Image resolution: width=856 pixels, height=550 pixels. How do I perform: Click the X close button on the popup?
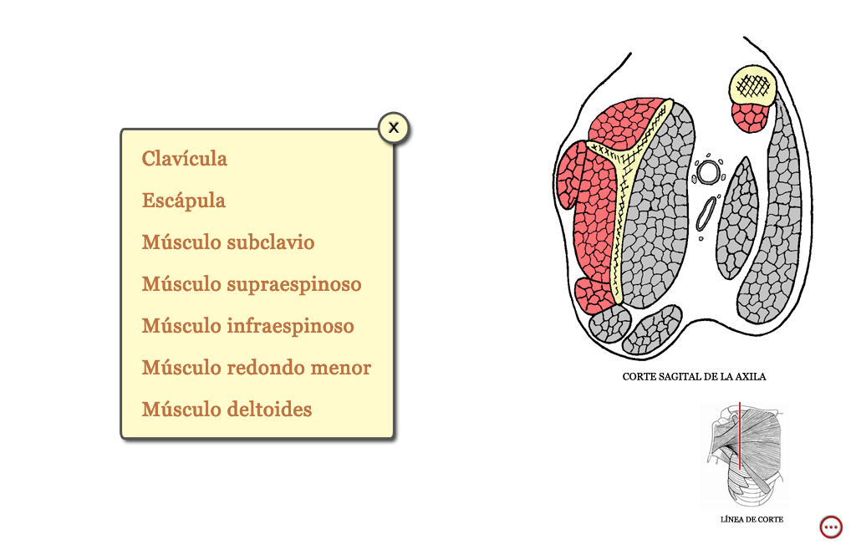pos(393,128)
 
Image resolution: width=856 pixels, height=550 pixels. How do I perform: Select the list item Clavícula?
pos(185,159)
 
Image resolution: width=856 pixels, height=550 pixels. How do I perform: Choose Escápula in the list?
pos(183,201)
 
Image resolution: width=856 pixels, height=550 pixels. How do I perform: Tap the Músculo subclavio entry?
pos(228,242)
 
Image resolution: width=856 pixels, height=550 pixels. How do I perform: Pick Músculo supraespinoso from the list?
pos(252,284)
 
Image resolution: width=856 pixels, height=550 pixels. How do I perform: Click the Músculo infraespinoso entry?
pos(247,326)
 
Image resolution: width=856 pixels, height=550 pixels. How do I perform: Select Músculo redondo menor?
pos(257,368)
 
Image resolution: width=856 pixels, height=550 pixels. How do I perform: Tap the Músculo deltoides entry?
pos(227,410)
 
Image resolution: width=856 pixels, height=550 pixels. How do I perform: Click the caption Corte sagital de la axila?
pos(694,376)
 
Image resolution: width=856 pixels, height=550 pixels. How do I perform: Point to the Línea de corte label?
pos(752,519)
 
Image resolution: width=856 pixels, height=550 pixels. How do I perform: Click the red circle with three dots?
pos(831,527)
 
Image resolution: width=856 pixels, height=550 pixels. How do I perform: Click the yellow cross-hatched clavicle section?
pos(753,85)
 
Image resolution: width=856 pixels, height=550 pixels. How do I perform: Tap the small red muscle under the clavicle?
pos(751,117)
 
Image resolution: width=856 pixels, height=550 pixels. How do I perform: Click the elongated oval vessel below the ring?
pos(706,214)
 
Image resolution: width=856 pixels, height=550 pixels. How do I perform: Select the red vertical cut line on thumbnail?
pos(740,435)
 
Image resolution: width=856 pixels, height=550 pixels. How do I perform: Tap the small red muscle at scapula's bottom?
pos(594,294)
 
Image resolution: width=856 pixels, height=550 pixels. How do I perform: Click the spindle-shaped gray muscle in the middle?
pos(737,218)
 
